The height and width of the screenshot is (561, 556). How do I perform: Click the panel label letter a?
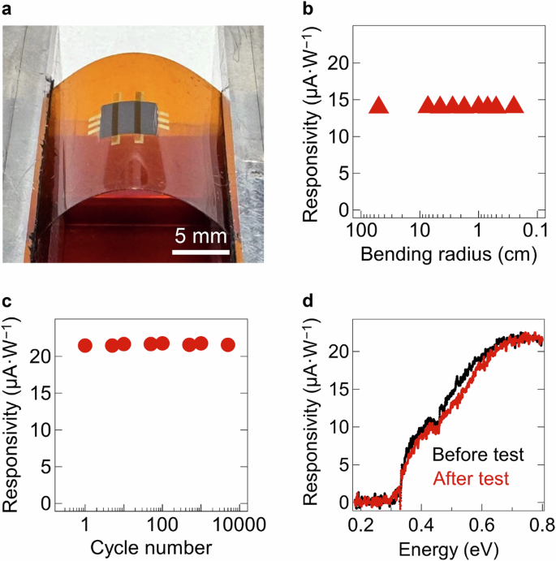[7, 10]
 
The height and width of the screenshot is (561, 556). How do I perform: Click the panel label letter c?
[7, 302]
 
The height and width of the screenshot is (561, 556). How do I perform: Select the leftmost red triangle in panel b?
[380, 105]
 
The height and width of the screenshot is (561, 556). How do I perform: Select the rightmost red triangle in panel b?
[514, 105]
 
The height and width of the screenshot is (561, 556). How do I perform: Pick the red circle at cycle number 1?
[85, 345]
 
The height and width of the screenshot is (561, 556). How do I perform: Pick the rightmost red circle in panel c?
[228, 345]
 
